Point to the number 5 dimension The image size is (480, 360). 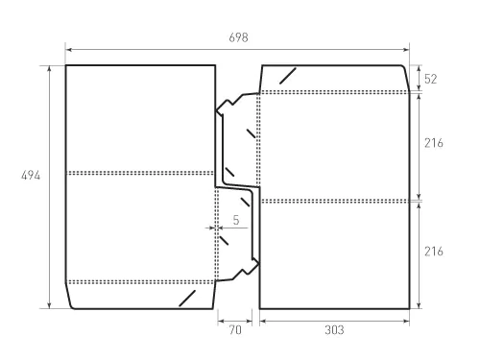235,220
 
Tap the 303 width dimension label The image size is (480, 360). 333,329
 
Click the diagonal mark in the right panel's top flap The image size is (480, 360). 286,76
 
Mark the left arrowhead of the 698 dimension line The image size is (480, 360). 68,45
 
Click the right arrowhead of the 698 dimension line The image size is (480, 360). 407,45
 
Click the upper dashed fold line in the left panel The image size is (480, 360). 140,173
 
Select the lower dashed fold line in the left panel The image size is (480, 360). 140,282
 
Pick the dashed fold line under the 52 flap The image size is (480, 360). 334,92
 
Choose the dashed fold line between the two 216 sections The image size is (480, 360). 334,201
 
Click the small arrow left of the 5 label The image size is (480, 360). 212,228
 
